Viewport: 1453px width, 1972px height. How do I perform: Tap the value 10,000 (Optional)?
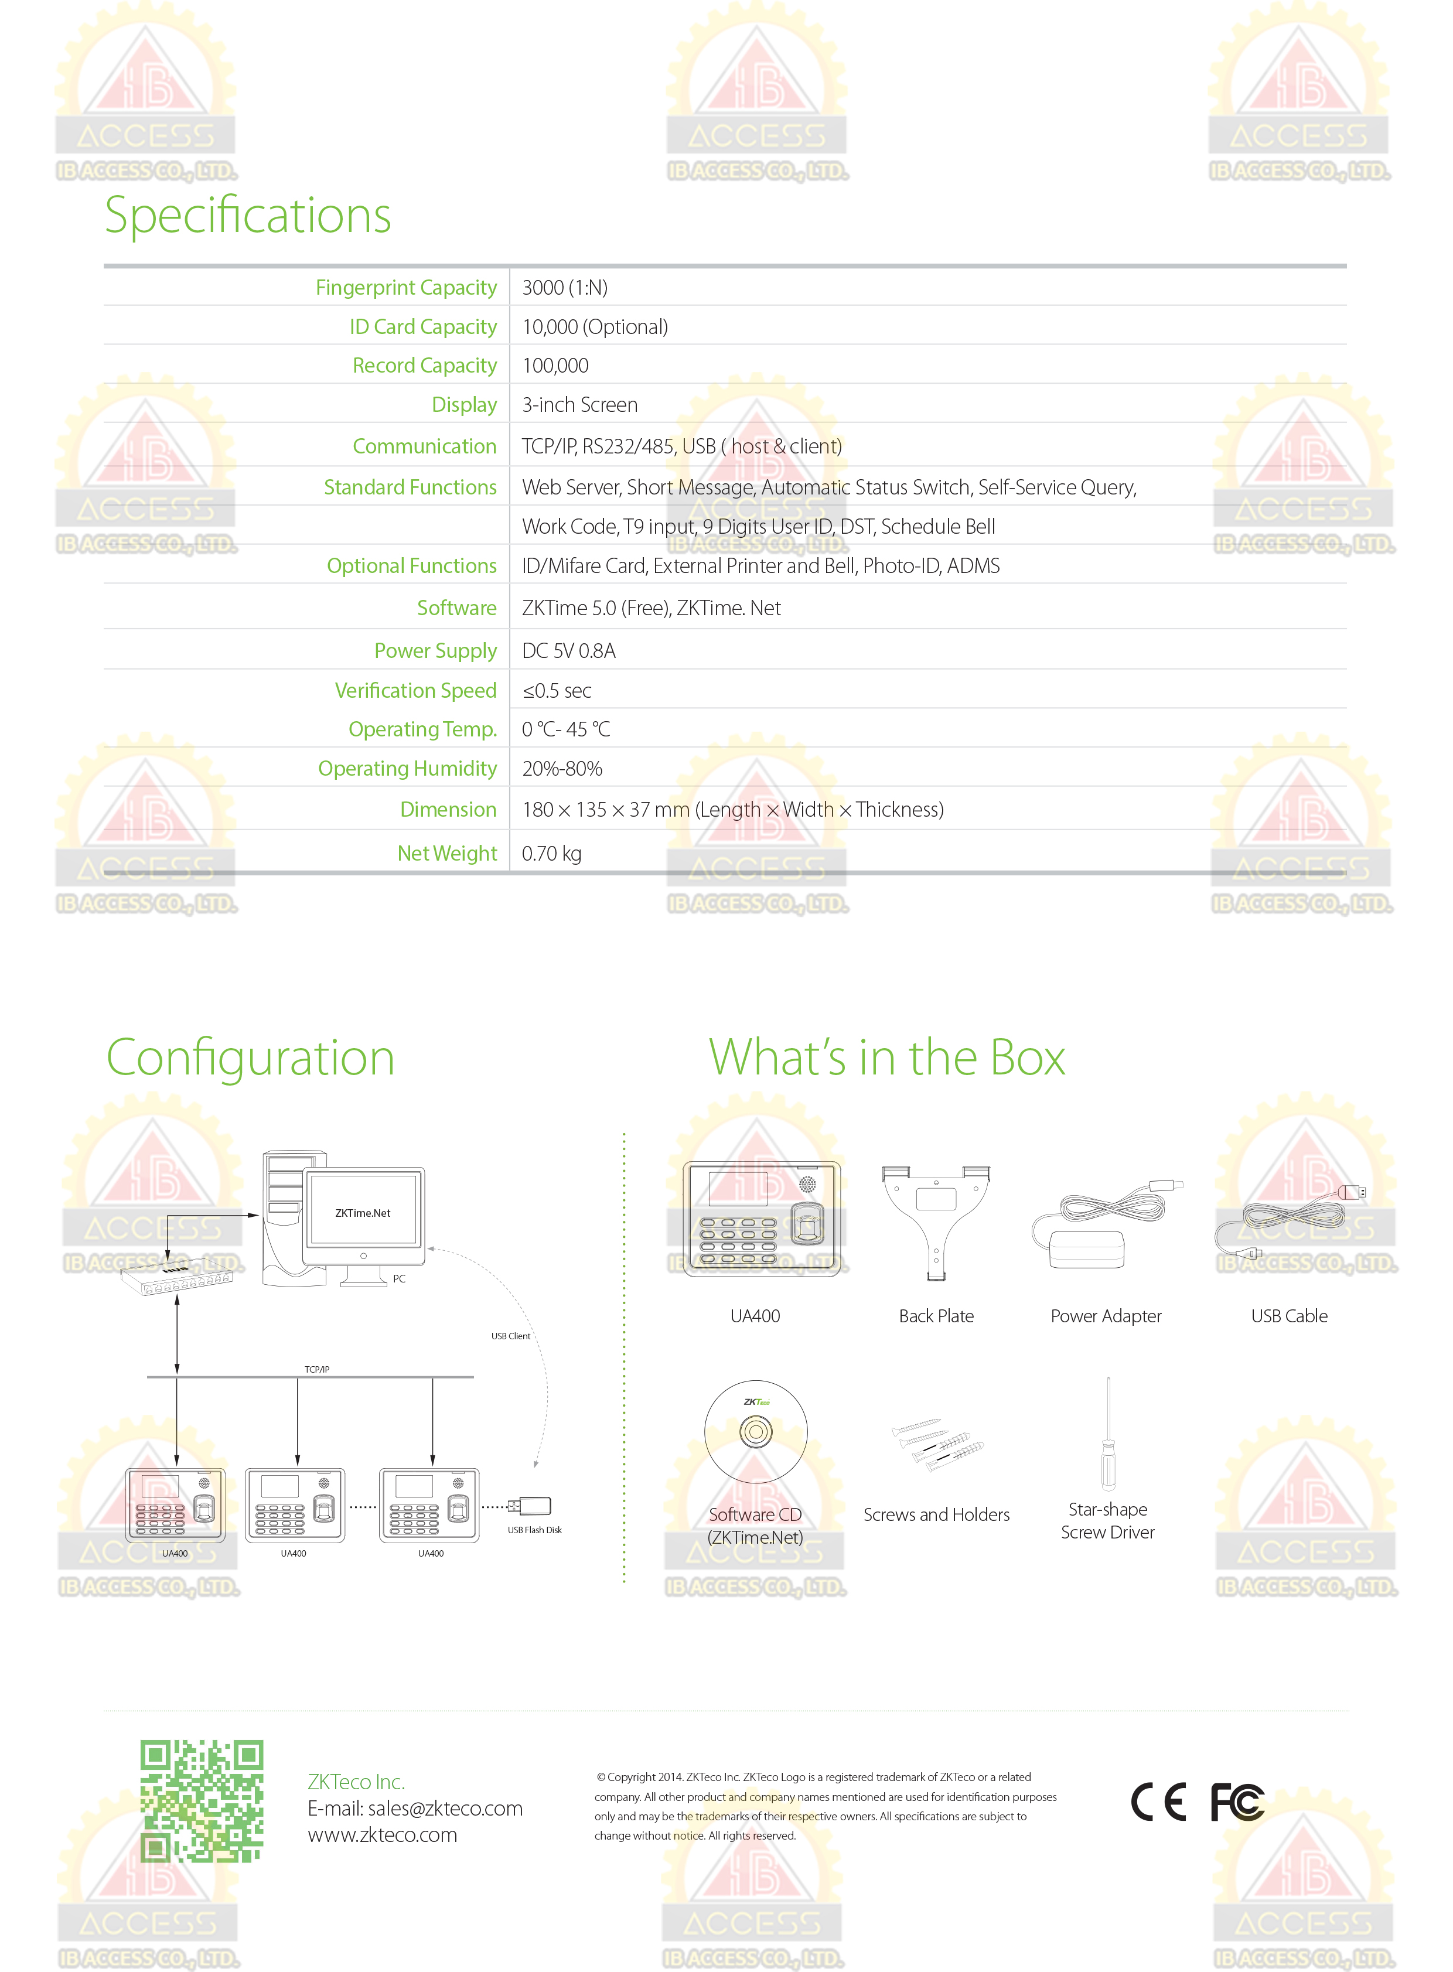[595, 327]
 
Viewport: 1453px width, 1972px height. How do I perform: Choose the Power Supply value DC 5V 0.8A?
[568, 651]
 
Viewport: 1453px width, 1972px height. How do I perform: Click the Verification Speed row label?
[415, 691]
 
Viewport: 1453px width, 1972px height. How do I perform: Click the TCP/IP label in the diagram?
[316, 1370]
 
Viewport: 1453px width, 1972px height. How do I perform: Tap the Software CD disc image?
[756, 1432]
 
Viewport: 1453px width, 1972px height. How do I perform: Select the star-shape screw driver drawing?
[1108, 1434]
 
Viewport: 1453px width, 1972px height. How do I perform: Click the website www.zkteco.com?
[383, 1835]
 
